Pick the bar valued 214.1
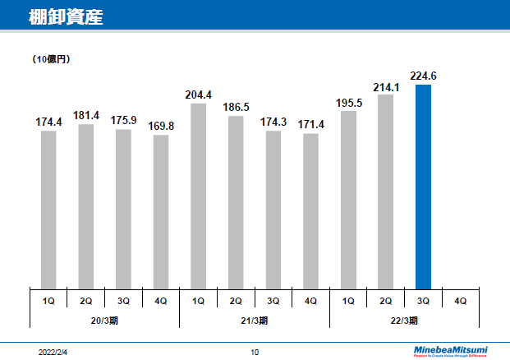coord(385,192)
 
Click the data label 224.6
coord(423,76)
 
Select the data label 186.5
coord(236,107)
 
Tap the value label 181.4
coord(86,115)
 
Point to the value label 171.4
coord(310,123)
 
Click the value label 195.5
coord(348,102)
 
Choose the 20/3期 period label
coord(103,319)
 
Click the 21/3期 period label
coord(254,319)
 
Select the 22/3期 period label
coord(404,319)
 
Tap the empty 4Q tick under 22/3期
coord(460,301)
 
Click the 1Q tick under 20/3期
coord(48,301)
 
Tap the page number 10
coord(255,352)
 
